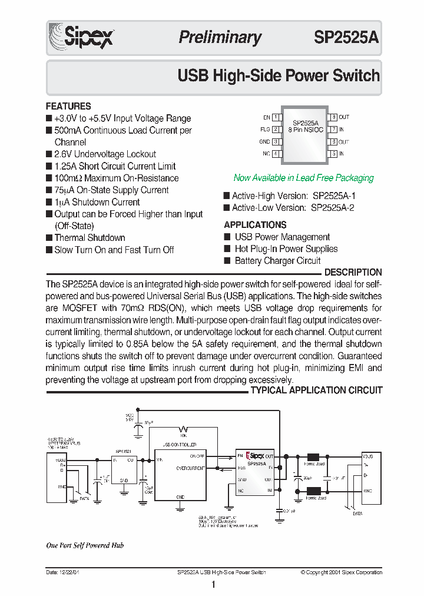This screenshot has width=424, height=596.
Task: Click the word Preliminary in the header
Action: (220, 38)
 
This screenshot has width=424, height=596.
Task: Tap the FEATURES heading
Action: (68, 107)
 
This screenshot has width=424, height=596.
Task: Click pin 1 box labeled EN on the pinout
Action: (276, 118)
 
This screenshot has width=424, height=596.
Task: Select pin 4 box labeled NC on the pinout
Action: (276, 154)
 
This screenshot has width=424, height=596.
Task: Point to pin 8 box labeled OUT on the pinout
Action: (333, 118)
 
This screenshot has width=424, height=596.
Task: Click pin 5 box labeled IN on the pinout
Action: (333, 154)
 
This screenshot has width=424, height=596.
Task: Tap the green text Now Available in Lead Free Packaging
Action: (303, 178)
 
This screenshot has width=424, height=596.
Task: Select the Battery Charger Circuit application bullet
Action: (277, 261)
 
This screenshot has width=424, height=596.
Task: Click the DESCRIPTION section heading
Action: (353, 273)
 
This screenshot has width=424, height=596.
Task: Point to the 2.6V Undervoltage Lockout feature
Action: (105, 154)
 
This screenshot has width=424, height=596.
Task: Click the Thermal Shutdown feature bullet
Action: (90, 238)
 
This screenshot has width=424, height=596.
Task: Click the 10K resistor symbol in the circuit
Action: (185, 429)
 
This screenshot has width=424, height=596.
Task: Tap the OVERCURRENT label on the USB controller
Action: (190, 468)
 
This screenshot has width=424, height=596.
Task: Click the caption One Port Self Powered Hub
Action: (85, 545)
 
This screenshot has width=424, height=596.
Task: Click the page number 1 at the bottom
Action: (213, 585)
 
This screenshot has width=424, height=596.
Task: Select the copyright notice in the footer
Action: (341, 572)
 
